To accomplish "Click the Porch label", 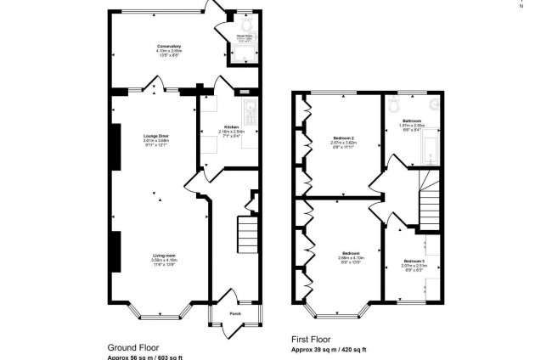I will pos(234,313).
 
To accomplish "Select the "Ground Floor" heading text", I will pos(134,347).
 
